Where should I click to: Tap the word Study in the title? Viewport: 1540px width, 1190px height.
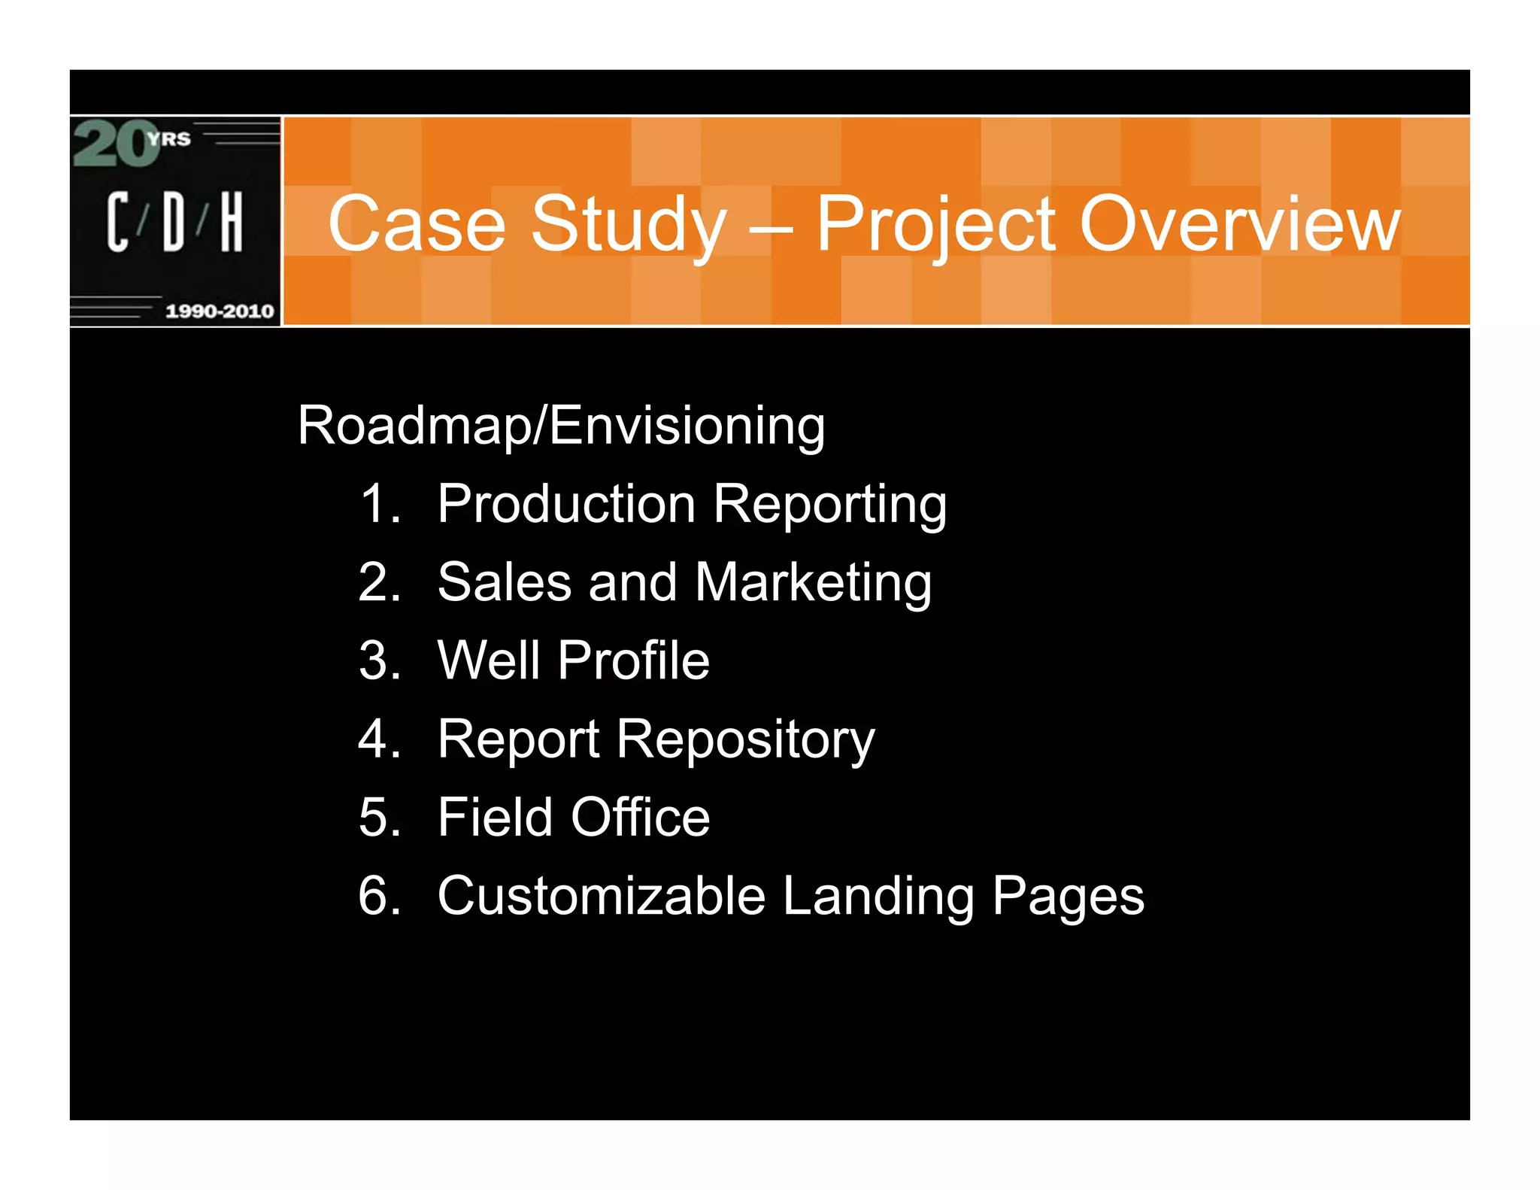pos(629,224)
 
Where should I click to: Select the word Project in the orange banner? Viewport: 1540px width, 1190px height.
pos(937,224)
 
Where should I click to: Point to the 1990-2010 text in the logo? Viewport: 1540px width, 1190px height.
pos(220,311)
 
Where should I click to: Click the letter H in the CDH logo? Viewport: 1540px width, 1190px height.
pos(232,221)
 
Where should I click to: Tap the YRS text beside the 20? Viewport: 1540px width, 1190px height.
pos(169,138)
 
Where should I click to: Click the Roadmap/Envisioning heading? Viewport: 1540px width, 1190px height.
pos(561,426)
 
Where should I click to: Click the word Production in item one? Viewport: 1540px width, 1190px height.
pos(566,503)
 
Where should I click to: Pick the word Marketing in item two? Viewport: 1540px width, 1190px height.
pos(813,583)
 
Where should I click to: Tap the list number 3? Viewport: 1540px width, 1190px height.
pos(379,660)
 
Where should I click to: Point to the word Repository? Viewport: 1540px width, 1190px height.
pos(745,739)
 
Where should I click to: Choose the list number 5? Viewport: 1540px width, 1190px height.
pos(379,818)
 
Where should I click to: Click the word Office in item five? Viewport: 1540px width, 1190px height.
pos(640,818)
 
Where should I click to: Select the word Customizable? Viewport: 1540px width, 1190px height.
pos(602,896)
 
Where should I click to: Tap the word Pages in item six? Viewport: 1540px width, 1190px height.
pos(1068,896)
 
